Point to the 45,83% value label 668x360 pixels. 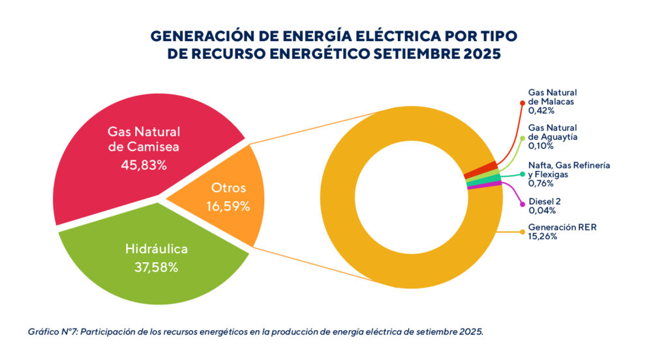[x=144, y=166]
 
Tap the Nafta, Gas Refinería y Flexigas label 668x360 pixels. [x=569, y=170]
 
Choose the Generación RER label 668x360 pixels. [x=558, y=227]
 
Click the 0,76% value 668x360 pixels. [x=541, y=184]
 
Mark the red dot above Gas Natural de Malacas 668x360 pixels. [x=522, y=102]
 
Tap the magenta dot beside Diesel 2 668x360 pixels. [x=522, y=206]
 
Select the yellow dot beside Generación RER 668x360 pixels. [x=522, y=232]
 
